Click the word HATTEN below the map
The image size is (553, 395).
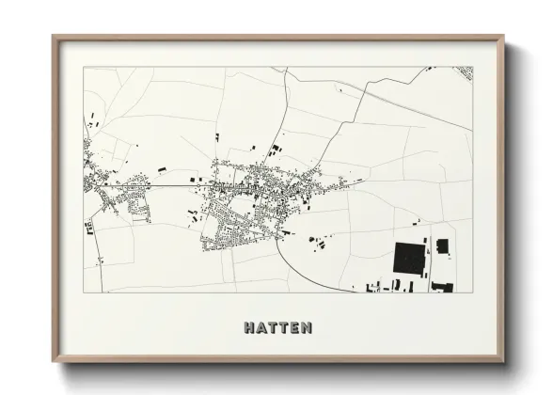tap(276, 328)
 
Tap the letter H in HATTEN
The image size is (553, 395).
tap(249, 328)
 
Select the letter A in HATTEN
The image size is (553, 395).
tap(261, 328)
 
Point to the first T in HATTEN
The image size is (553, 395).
tap(272, 328)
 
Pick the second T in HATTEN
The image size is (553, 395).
tap(282, 328)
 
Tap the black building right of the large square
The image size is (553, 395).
tap(443, 246)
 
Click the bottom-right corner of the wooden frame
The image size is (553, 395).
tap(504, 362)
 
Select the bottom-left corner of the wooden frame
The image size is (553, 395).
tap(54, 362)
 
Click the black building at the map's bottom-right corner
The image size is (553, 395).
tap(442, 287)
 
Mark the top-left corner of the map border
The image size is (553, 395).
tap(84, 67)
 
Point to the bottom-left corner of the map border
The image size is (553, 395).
tap(84, 292)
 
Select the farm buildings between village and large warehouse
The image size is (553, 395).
tap(316, 243)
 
